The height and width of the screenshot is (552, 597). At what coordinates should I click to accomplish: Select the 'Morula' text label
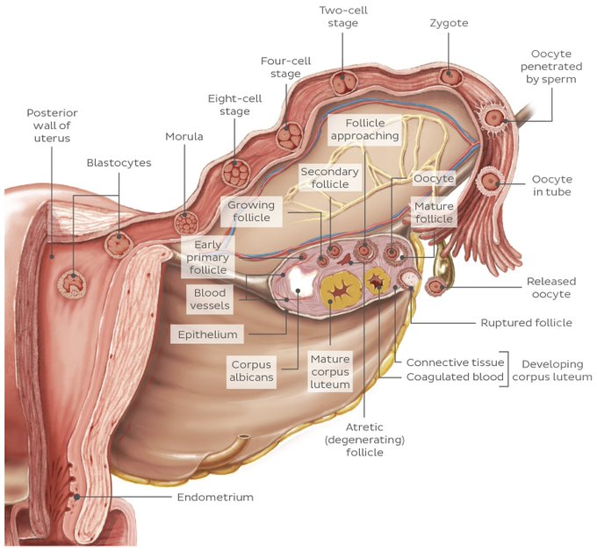point(183,137)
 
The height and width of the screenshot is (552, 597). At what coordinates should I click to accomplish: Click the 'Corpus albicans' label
point(251,371)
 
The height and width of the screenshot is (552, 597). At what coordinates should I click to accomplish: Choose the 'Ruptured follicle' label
point(526,323)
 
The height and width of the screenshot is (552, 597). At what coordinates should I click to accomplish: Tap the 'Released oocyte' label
point(550,288)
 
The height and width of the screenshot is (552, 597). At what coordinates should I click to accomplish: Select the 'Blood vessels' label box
point(209,299)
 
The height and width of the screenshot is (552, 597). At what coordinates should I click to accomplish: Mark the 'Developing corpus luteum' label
point(553,369)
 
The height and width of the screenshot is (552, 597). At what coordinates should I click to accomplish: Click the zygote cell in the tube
point(450,76)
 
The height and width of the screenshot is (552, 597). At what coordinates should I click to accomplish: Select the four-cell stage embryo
point(287,136)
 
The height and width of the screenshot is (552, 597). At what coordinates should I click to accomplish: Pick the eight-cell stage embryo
point(235,169)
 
